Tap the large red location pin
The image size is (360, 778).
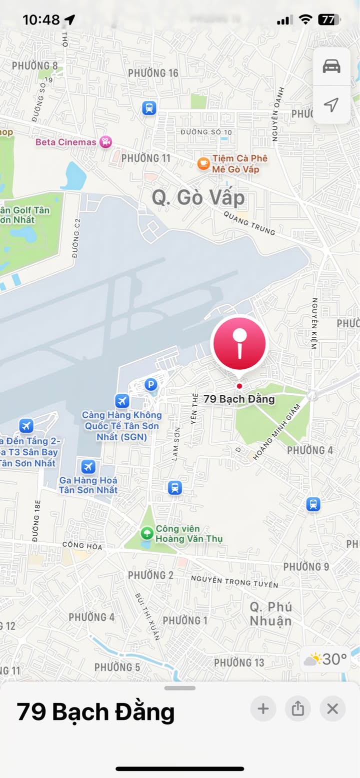pyautogui.click(x=239, y=344)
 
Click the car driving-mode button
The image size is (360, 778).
pyautogui.click(x=331, y=66)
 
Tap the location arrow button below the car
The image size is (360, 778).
pyautogui.click(x=331, y=104)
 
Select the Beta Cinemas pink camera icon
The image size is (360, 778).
pyautogui.click(x=105, y=142)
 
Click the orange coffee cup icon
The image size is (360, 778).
pyautogui.click(x=203, y=163)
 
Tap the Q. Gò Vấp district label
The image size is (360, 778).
pyautogui.click(x=198, y=198)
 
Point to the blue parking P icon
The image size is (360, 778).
pyautogui.click(x=150, y=384)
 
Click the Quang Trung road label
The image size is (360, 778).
pyautogui.click(x=249, y=223)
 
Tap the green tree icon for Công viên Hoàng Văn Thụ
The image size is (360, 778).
pyautogui.click(x=147, y=533)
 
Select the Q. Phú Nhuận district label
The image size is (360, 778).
pyautogui.click(x=271, y=614)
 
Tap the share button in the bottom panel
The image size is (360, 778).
pyautogui.click(x=298, y=708)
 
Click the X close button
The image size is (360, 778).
pyautogui.click(x=332, y=708)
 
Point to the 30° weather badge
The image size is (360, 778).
pyautogui.click(x=325, y=659)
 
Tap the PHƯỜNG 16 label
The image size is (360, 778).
pyautogui.click(x=153, y=73)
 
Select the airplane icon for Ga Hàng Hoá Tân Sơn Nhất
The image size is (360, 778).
pyautogui.click(x=88, y=467)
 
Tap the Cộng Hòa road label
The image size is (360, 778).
pyautogui.click(x=82, y=546)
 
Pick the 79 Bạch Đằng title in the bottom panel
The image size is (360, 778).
pyautogui.click(x=95, y=712)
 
